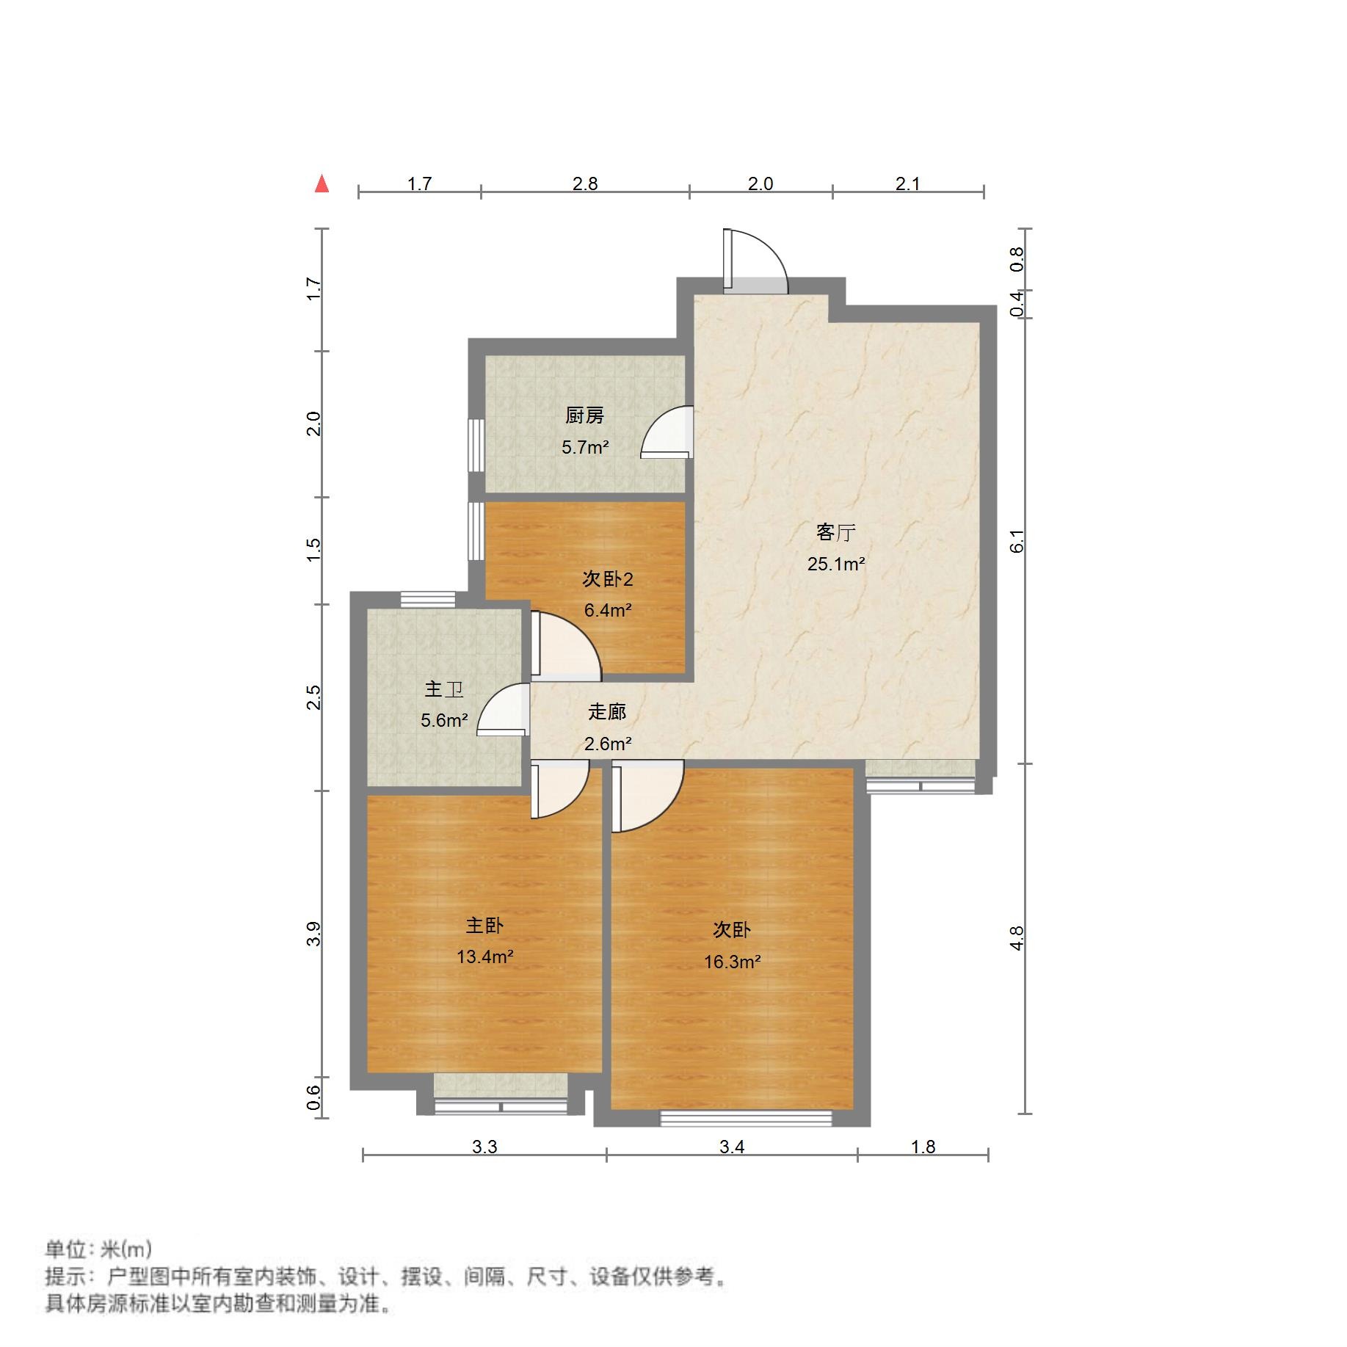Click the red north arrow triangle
322,184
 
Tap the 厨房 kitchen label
584,416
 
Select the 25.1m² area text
836,564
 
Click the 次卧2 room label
607,579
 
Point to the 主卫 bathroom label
443,689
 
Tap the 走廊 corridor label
607,711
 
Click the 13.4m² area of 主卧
484,956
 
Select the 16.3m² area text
732,962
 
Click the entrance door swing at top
756,261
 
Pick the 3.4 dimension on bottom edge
732,1147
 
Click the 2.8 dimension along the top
585,184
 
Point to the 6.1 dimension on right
1017,542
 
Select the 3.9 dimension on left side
313,934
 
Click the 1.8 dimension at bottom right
923,1147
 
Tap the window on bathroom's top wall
428,599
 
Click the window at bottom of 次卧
746,1118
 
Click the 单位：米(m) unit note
98,1249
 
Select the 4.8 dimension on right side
1017,938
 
